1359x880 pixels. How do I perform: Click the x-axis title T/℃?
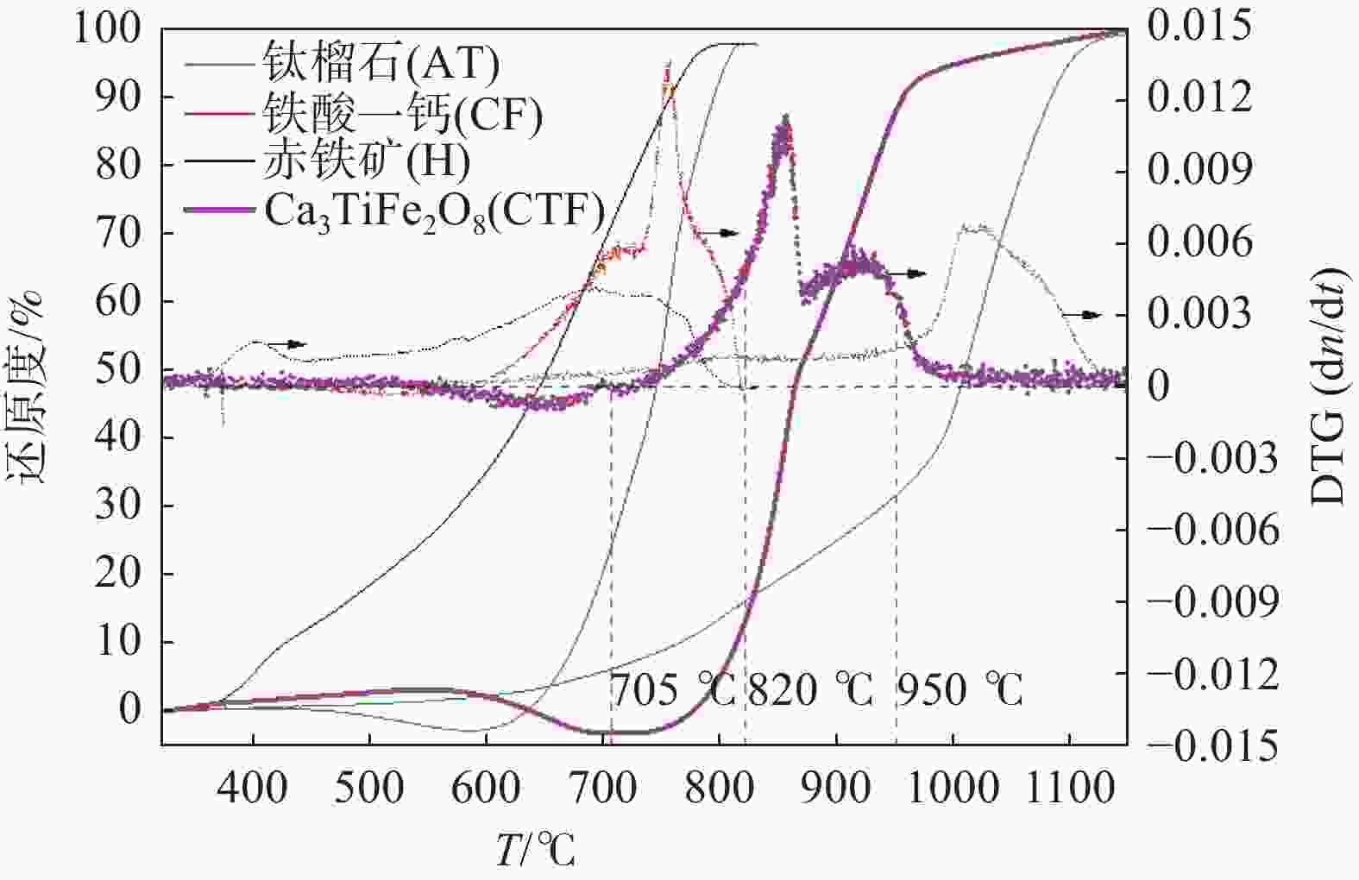536,850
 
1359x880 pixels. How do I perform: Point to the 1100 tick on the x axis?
1070,788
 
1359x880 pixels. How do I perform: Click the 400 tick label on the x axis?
253,788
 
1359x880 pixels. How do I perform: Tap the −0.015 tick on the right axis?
1212,745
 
